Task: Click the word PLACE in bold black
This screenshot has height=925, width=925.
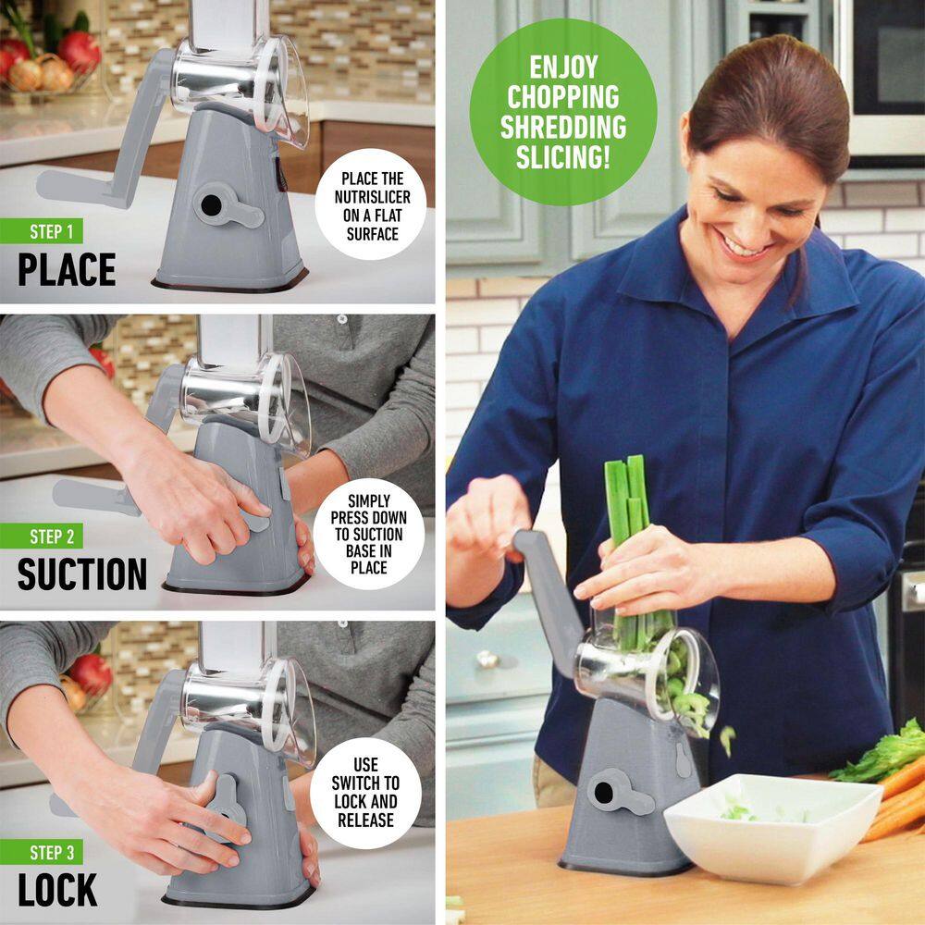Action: (x=67, y=269)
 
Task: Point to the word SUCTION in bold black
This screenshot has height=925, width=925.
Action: (x=81, y=574)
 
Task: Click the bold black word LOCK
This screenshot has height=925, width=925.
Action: (x=57, y=890)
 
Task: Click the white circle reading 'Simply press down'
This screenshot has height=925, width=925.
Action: (x=368, y=534)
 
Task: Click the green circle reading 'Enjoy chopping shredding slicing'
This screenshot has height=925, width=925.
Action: (x=562, y=111)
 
